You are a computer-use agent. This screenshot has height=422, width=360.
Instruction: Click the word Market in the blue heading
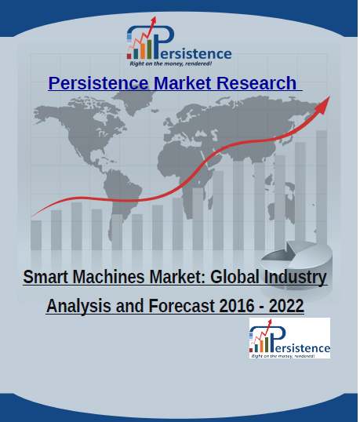183,83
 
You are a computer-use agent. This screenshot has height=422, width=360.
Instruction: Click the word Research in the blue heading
256,83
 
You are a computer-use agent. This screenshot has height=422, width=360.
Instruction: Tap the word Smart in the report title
45,277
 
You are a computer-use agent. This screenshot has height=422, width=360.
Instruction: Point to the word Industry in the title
295,277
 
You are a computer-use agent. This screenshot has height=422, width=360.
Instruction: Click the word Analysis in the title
78,306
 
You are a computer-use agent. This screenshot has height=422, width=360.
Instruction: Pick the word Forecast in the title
182,306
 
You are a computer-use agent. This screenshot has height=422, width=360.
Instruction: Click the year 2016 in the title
237,306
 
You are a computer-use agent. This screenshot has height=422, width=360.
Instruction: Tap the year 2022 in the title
286,306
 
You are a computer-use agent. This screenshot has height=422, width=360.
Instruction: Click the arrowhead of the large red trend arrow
323,104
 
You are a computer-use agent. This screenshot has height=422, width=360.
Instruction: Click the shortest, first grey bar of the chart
36,235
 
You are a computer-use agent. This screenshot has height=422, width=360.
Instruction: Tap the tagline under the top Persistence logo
170,64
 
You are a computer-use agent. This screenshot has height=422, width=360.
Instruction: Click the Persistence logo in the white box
289,338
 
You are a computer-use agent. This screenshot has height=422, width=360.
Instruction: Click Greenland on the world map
137,100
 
